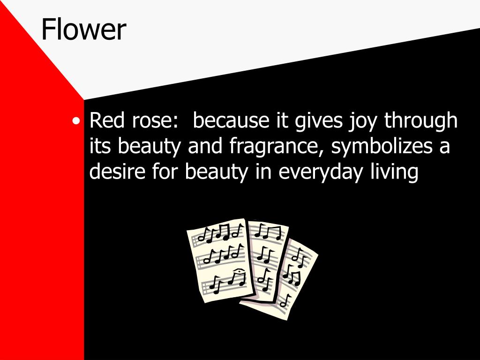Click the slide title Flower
pyautogui.click(x=83, y=30)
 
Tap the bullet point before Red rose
pyautogui.click(x=76, y=121)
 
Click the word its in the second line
pyautogui.click(x=101, y=147)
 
